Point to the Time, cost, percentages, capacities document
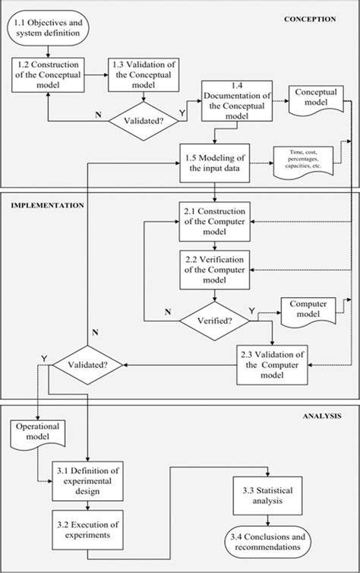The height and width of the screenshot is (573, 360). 304,163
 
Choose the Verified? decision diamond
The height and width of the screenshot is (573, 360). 214,320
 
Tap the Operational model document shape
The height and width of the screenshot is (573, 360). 37,431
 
